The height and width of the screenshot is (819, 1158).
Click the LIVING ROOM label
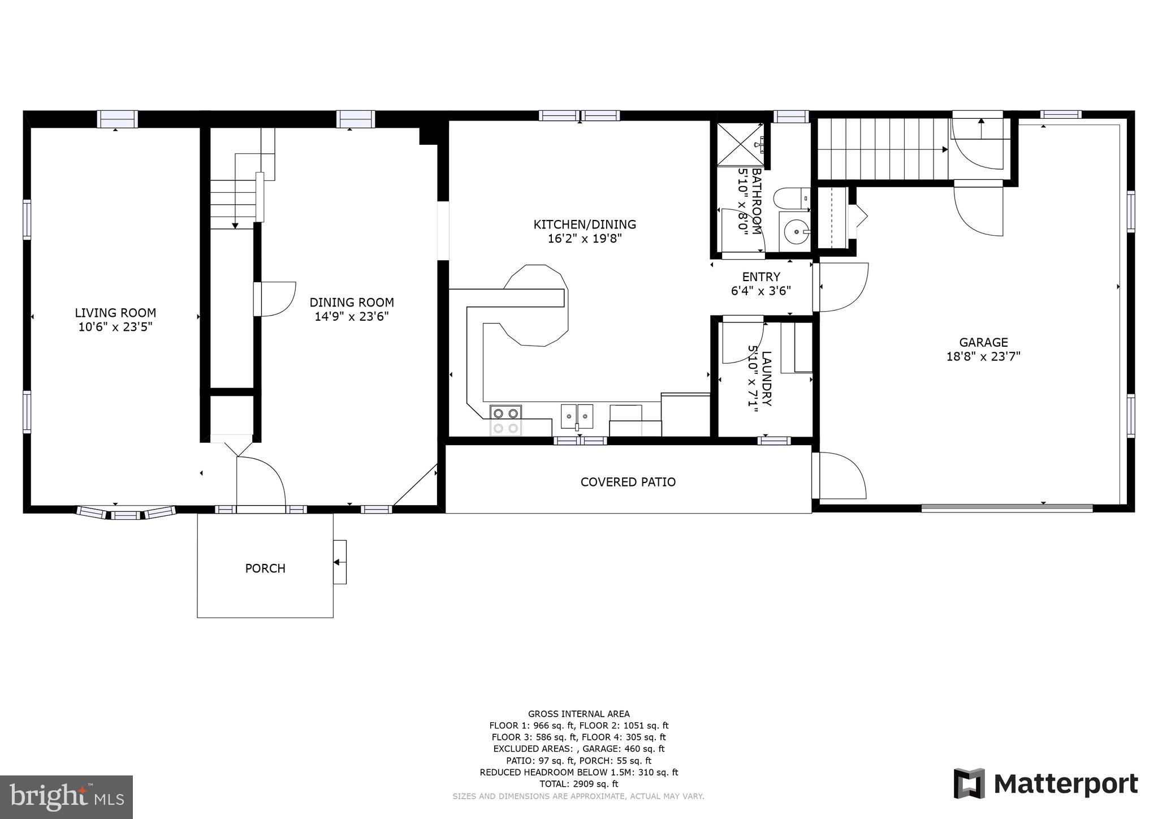(x=115, y=313)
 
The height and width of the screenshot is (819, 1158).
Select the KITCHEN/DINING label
(x=585, y=225)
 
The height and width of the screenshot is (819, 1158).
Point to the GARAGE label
(x=983, y=342)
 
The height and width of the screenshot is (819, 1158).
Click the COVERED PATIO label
(x=628, y=482)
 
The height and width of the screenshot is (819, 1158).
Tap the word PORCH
(x=265, y=568)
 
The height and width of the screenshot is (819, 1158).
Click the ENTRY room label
(x=761, y=277)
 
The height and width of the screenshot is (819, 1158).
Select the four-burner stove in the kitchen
(x=505, y=420)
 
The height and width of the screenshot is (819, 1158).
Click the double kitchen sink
(x=577, y=417)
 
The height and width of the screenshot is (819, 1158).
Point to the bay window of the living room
(x=125, y=514)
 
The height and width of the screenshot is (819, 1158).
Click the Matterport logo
(x=1046, y=784)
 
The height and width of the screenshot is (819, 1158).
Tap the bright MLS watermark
(x=66, y=797)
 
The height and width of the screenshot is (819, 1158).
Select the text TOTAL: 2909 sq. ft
(x=578, y=784)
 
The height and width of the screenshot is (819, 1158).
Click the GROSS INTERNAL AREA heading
(x=578, y=714)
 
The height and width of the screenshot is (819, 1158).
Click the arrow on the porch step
(x=338, y=562)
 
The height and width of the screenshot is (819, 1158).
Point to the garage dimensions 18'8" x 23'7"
(x=983, y=357)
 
